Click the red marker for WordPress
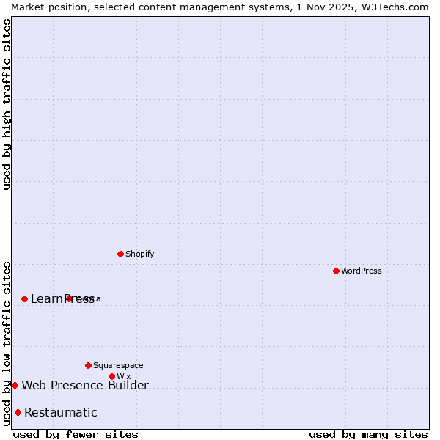[x=336, y=271]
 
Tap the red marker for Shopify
[x=120, y=254]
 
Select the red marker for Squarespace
[x=88, y=365]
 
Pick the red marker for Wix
[x=111, y=376]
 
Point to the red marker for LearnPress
[x=24, y=298]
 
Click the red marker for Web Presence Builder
[x=15, y=385]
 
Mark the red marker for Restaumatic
[x=18, y=412]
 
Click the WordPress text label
[x=362, y=271]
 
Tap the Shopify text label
[x=139, y=254]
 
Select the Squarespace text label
[x=118, y=365]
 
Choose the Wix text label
[x=123, y=376]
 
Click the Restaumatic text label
[x=61, y=412]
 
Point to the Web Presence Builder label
[x=85, y=385]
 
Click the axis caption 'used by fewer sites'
[x=76, y=434]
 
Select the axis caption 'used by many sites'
[x=368, y=434]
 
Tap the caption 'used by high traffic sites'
[x=7, y=104]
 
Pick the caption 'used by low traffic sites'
[x=7, y=342]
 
